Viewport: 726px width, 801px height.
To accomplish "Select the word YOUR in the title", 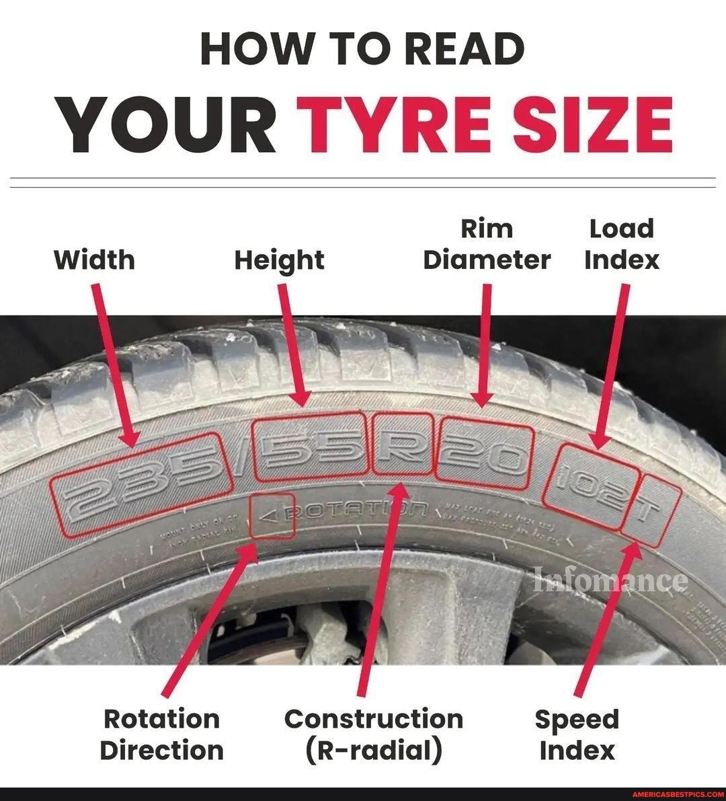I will tap(167, 125).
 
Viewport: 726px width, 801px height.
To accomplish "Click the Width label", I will tap(94, 260).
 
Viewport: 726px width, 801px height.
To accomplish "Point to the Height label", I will tap(279, 260).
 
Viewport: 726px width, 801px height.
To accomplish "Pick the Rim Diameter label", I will tap(487, 244).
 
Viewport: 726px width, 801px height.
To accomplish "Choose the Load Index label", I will tap(622, 244).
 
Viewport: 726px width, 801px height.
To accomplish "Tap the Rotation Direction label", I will tap(161, 734).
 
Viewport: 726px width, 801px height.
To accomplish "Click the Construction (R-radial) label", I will tap(374, 734).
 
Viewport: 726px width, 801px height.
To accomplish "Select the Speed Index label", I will tap(577, 734).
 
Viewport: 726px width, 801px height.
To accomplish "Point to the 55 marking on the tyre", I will tap(311, 449).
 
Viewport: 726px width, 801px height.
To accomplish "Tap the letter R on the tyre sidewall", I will tap(401, 443).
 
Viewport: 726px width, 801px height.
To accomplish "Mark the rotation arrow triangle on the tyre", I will tap(270, 516).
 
